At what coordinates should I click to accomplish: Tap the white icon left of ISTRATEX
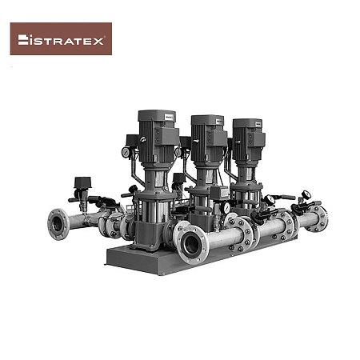[23, 39]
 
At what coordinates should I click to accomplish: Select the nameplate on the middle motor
[218, 121]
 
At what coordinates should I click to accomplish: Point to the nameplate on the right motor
[258, 124]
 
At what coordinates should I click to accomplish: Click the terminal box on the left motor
[166, 136]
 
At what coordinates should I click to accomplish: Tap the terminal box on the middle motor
[217, 138]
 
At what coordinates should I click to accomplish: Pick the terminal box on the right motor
[256, 140]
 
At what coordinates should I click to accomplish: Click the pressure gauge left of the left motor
[126, 152]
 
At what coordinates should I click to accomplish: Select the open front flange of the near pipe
[191, 246]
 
